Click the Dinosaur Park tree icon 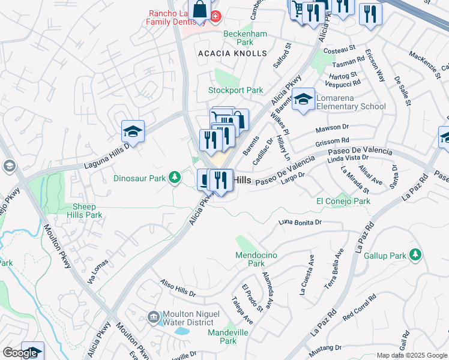[174, 177]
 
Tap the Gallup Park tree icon [415, 255]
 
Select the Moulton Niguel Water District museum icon [153, 316]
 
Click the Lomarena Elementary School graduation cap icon [304, 100]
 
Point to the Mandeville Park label [223, 336]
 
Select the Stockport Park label [235, 91]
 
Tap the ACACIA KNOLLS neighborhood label [232, 53]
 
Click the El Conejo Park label [343, 202]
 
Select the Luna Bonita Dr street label [301, 223]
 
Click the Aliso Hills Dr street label [177, 288]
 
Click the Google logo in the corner [20, 353]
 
